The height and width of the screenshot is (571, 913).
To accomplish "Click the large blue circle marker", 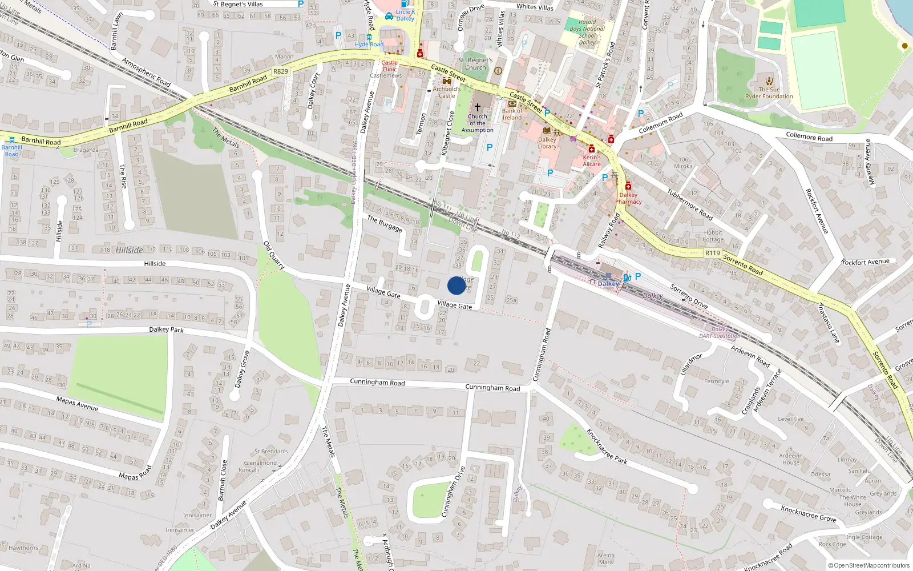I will point(457,285).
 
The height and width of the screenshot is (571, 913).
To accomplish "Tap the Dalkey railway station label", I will point(608,284).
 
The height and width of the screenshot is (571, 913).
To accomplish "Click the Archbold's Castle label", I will point(446,93).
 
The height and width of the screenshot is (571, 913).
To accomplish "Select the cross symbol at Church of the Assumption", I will point(478,107).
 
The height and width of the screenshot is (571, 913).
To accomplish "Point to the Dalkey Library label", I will point(547,143).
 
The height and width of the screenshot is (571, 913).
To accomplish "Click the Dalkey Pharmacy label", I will point(628,198).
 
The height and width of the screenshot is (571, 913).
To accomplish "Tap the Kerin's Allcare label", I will point(592,160).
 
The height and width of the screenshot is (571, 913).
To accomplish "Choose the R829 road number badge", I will point(281,71).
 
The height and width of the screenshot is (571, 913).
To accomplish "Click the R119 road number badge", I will point(713,253).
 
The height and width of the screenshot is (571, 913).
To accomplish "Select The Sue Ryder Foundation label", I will point(769,93).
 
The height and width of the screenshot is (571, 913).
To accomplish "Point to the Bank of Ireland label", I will point(512,114).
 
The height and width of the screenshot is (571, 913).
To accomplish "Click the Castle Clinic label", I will point(389,66).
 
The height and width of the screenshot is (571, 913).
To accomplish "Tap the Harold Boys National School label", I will point(587,32).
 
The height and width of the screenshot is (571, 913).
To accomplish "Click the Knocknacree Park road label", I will point(607,446).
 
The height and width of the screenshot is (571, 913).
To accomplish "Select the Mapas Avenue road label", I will point(77,404).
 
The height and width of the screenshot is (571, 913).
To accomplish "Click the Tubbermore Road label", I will point(690,204).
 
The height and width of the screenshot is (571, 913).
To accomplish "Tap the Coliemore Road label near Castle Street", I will point(660,123).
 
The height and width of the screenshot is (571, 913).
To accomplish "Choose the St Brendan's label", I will point(271,451).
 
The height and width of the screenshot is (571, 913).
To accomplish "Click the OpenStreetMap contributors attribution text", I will point(869,565).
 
